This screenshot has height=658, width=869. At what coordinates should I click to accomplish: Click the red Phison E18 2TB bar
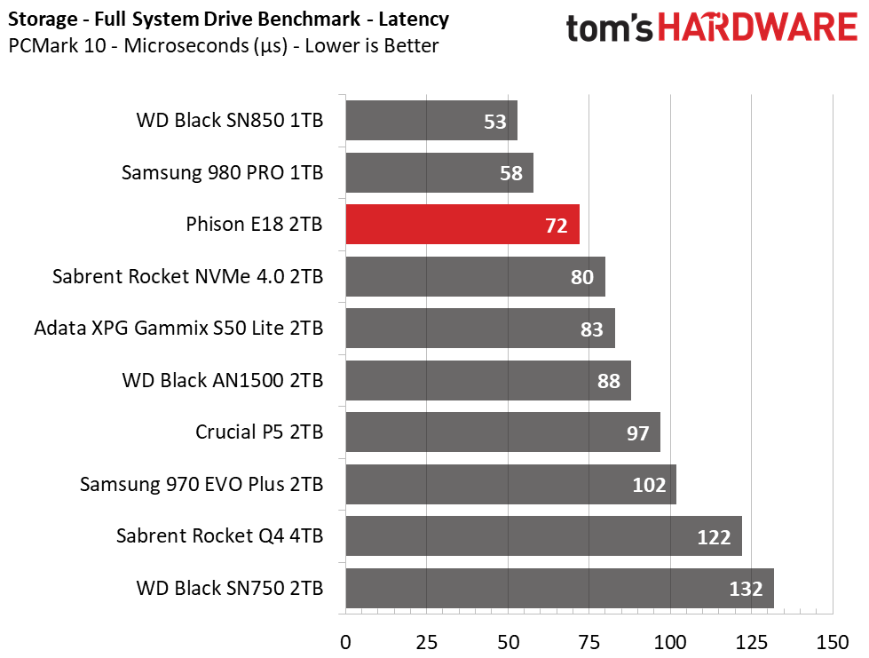462,224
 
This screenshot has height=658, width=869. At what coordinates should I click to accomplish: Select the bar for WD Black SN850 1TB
431,120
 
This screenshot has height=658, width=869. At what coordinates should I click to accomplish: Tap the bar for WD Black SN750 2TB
560,588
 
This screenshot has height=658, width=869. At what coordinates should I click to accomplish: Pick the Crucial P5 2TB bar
502,432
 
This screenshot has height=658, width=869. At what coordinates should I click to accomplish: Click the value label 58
511,173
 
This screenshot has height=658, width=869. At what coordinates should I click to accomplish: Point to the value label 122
714,536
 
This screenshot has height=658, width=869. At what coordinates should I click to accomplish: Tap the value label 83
591,329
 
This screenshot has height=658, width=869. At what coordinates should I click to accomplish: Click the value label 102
649,485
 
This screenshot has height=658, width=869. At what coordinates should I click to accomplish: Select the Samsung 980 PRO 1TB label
222,172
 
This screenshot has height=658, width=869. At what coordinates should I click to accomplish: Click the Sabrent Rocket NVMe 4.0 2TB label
188,276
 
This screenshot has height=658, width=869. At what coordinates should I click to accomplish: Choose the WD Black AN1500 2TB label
223,380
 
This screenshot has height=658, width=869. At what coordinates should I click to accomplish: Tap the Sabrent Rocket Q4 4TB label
219,536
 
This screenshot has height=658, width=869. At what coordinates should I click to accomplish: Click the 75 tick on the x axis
589,643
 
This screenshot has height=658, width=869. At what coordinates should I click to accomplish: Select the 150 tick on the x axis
833,643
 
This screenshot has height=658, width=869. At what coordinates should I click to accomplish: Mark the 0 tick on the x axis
345,643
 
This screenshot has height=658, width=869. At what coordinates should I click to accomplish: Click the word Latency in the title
414,20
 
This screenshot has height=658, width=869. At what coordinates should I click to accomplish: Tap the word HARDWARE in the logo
758,28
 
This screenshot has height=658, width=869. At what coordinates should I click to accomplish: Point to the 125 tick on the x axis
752,643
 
